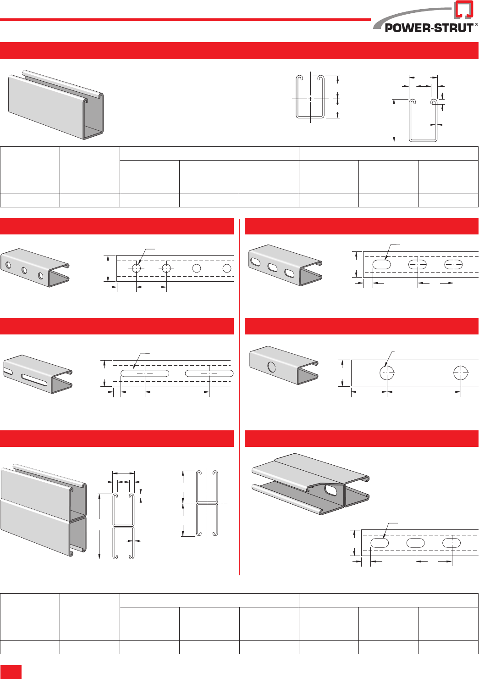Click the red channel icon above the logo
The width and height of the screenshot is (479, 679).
(x=463, y=9)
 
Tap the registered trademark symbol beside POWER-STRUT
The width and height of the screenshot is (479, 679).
(x=476, y=25)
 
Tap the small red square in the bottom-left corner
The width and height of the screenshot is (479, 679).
(x=11, y=672)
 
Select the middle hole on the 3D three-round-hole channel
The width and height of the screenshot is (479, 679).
(x=24, y=271)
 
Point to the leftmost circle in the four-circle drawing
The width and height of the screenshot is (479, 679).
(x=137, y=268)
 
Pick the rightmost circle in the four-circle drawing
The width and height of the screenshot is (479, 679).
(x=227, y=268)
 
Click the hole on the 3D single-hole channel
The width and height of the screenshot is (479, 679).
(x=272, y=367)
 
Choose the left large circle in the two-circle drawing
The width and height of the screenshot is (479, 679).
(x=387, y=373)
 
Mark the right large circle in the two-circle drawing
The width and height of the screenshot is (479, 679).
(x=461, y=373)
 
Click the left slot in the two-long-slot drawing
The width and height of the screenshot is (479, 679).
(x=144, y=373)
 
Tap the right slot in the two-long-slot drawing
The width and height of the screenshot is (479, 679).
(x=209, y=373)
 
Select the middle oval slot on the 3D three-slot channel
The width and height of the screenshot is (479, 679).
(x=273, y=268)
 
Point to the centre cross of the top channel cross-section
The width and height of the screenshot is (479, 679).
(x=310, y=99)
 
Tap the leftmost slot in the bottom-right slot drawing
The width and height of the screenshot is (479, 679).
(x=380, y=543)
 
